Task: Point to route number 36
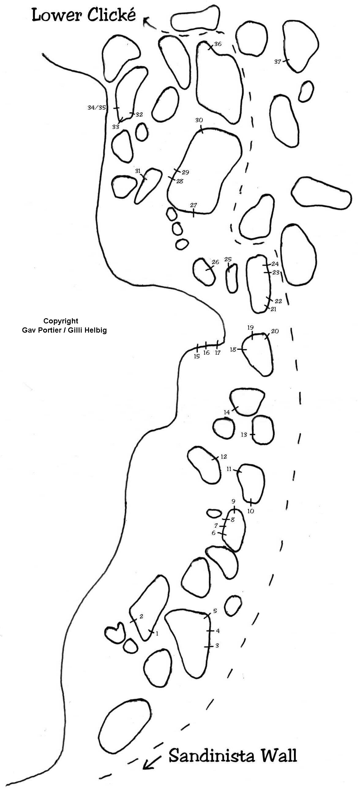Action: click(217, 44)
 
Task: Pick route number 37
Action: click(277, 62)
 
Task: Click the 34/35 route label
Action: click(97, 108)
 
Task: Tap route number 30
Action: click(199, 120)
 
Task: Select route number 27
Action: click(193, 205)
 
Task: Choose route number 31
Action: click(138, 171)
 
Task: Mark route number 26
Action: click(215, 262)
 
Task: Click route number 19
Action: click(251, 327)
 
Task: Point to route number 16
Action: click(206, 353)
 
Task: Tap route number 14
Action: click(227, 412)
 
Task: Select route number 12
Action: click(223, 457)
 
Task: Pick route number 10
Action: click(251, 511)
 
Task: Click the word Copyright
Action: click(61, 321)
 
